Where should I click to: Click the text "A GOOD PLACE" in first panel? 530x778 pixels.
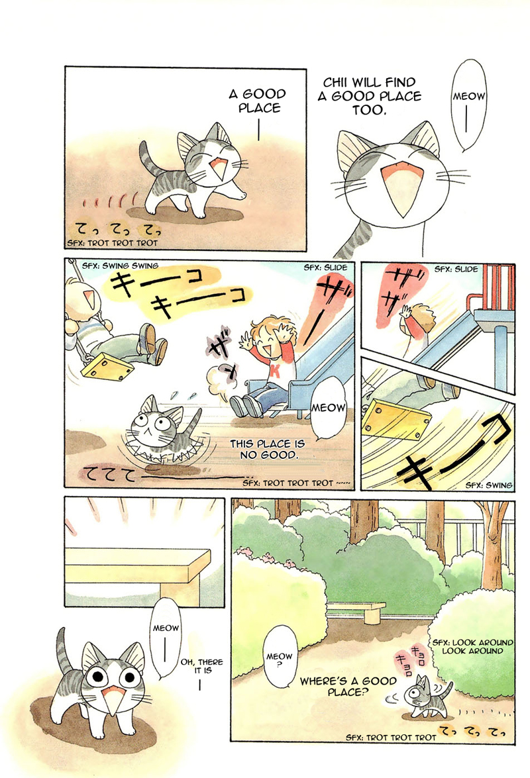tap(256, 101)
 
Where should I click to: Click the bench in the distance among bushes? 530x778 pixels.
tap(356, 610)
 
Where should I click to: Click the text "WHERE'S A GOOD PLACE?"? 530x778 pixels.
tap(348, 686)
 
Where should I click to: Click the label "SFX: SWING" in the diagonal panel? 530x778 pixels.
tap(488, 485)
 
